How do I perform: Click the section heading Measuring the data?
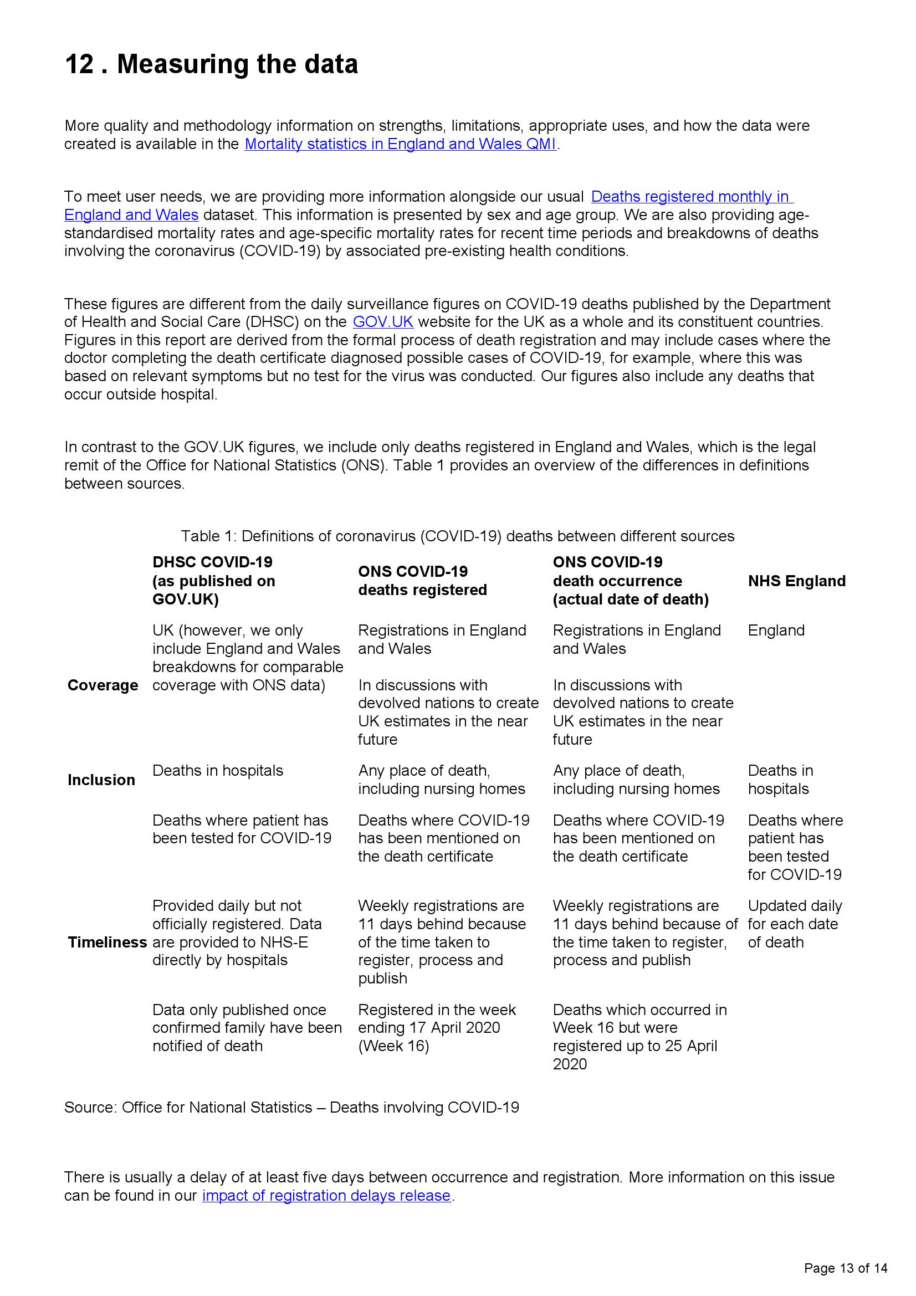[x=237, y=64]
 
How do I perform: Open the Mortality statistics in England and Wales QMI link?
[x=400, y=144]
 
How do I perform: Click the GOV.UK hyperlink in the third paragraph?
[x=383, y=322]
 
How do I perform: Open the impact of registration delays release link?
[x=326, y=1195]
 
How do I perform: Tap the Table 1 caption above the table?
[x=457, y=536]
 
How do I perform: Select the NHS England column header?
[x=796, y=581]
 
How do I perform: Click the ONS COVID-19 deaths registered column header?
[x=422, y=581]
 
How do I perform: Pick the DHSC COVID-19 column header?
[x=213, y=581]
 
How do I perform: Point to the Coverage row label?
[x=103, y=685]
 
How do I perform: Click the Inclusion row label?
[x=101, y=780]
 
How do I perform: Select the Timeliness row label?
[x=108, y=942]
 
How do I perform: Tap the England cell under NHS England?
[x=776, y=631]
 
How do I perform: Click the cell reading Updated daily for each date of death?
[x=794, y=924]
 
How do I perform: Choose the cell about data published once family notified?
[x=247, y=1028]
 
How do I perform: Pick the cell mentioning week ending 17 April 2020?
[x=436, y=1028]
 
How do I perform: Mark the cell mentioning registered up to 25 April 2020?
[x=639, y=1037]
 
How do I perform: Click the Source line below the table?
[x=291, y=1108]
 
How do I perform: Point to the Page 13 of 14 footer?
[x=846, y=1268]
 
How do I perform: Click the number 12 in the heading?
[x=79, y=64]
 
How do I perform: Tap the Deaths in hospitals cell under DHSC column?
[x=217, y=771]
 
